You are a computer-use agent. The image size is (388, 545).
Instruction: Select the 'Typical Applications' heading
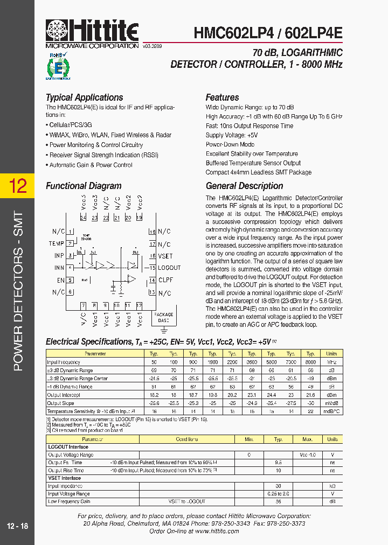coord(84,97)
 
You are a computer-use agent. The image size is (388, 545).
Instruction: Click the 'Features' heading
coord(222,97)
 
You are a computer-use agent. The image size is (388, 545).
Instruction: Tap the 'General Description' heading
coord(244,186)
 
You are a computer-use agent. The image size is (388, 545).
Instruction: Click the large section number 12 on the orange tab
coord(17,186)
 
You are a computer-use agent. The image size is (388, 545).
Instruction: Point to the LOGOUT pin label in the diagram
coord(169,268)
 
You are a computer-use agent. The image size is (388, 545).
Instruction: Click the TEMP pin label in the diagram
coord(57,243)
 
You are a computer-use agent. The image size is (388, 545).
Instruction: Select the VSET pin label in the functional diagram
coord(165,256)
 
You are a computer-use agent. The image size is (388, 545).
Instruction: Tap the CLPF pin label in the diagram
coord(165,280)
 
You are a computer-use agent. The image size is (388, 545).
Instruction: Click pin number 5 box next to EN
coord(70,280)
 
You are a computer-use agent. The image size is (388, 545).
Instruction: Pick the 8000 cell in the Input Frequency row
coord(310,362)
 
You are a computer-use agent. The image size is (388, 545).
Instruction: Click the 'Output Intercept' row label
coord(64,395)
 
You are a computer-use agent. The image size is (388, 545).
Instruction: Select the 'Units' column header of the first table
coord(331,354)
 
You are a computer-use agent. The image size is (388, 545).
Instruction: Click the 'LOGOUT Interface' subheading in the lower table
coord(68,447)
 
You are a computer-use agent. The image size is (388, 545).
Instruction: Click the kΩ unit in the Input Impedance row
coord(332,486)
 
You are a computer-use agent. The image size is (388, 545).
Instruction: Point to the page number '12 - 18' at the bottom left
coord(18,526)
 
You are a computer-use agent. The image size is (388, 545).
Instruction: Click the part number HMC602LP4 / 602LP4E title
coord(268,33)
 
